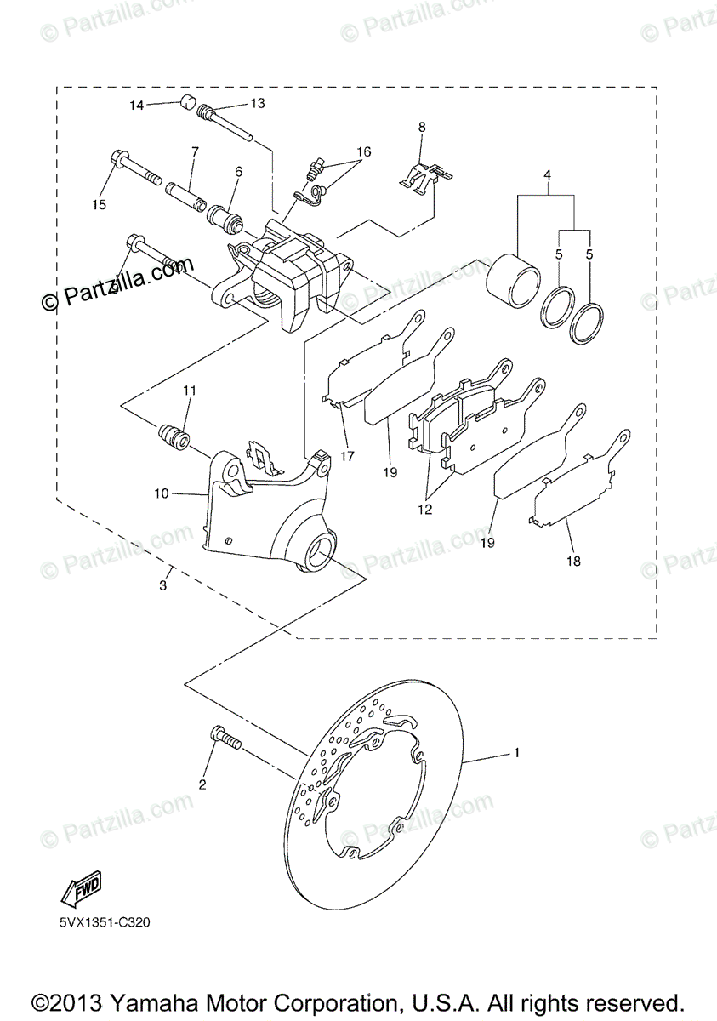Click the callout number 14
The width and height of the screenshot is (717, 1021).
pyautogui.click(x=137, y=106)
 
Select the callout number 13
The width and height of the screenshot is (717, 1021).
pyautogui.click(x=257, y=103)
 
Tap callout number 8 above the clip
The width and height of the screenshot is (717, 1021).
pyautogui.click(x=420, y=127)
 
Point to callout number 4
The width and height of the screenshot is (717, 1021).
pyautogui.click(x=548, y=175)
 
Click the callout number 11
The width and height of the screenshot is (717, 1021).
pyautogui.click(x=188, y=391)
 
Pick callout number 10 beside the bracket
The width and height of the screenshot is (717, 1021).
pyautogui.click(x=162, y=493)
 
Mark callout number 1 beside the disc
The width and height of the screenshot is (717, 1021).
pyautogui.click(x=515, y=753)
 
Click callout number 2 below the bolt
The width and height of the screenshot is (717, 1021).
pyautogui.click(x=202, y=784)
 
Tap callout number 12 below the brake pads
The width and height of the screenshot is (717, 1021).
pyautogui.click(x=424, y=510)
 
